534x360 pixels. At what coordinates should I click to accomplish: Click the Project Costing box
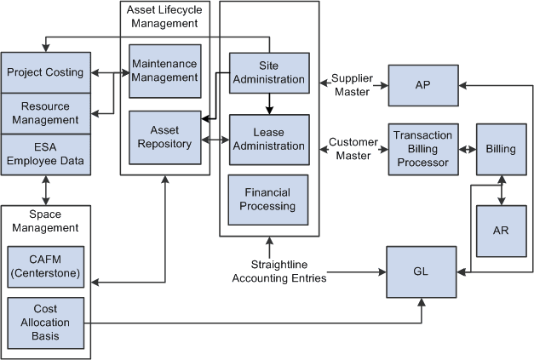[45, 72]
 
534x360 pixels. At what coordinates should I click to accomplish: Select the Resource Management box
[45, 112]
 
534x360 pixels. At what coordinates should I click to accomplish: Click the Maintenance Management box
[164, 71]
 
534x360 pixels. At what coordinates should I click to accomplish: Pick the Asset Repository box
[164, 136]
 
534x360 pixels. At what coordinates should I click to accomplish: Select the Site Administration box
[268, 73]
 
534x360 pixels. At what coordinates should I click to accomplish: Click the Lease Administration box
[268, 139]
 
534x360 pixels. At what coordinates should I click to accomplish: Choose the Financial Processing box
[268, 198]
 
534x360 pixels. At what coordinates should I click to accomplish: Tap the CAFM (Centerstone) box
[45, 261]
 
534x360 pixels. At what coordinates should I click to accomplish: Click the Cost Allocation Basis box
[45, 323]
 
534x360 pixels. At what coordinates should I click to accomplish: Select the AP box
[422, 85]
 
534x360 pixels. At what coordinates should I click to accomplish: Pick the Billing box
[501, 149]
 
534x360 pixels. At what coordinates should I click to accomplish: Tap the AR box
[501, 230]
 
